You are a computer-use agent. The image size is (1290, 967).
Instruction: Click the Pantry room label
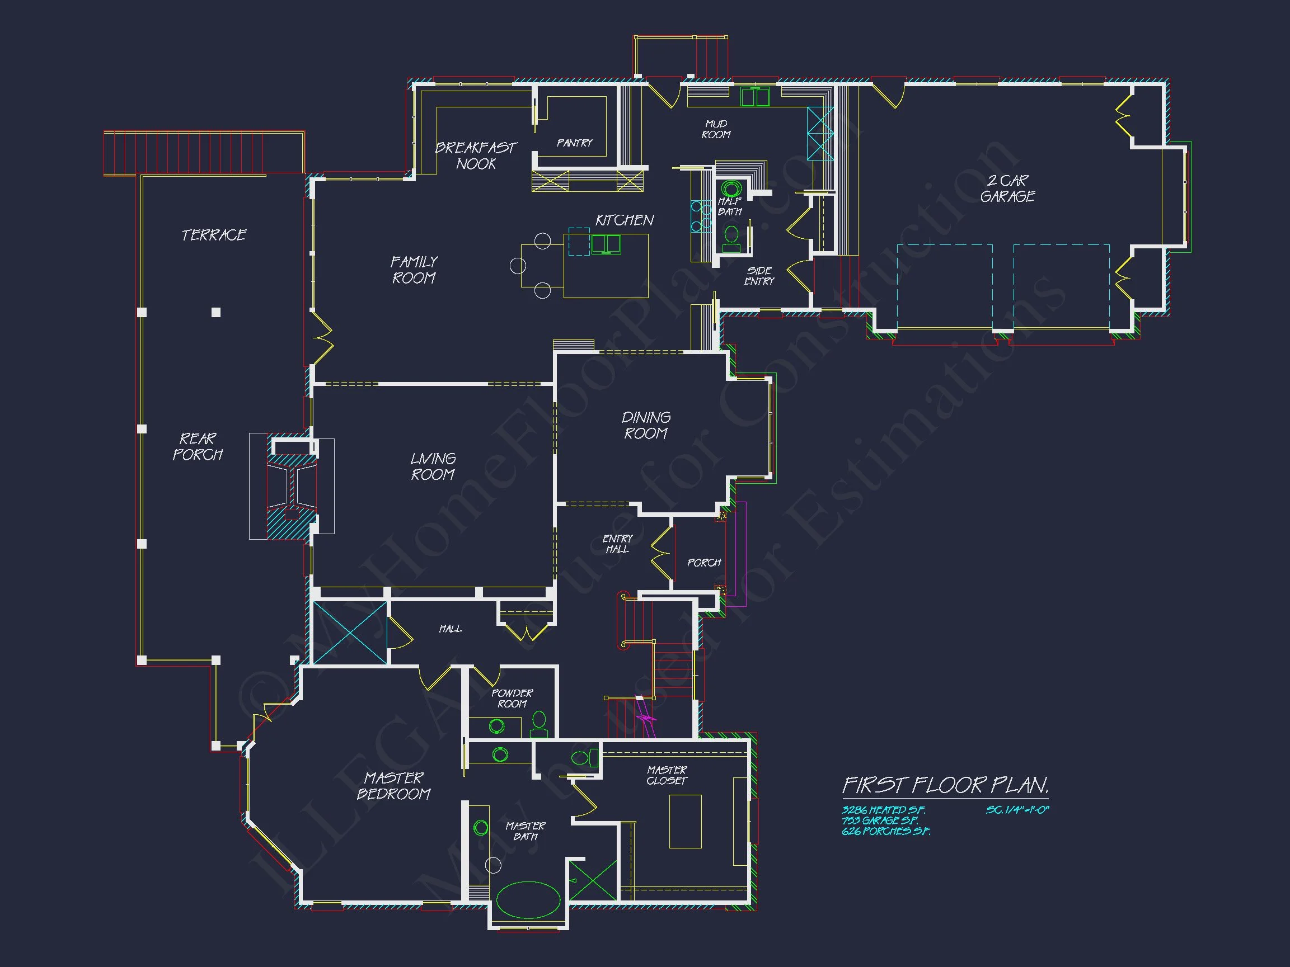pyautogui.click(x=574, y=143)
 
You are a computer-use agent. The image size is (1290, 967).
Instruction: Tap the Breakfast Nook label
pyautogui.click(x=476, y=155)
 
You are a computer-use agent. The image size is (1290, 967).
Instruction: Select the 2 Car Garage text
pyautogui.click(x=1007, y=188)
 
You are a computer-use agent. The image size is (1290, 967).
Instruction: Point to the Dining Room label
pyautogui.click(x=646, y=425)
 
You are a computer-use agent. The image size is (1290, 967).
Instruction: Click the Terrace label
pyautogui.click(x=213, y=235)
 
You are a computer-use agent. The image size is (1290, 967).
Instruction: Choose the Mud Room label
pyautogui.click(x=716, y=129)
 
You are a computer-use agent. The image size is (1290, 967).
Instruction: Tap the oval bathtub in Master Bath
pyautogui.click(x=528, y=899)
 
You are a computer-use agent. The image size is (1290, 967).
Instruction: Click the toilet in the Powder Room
pyautogui.click(x=539, y=723)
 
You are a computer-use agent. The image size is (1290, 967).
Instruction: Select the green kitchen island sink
pyautogui.click(x=606, y=244)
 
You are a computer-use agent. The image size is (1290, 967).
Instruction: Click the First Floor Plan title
pyautogui.click(x=945, y=785)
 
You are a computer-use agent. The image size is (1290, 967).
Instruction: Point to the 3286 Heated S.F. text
pyautogui.click(x=883, y=810)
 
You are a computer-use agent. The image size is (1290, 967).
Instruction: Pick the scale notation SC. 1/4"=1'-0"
pyautogui.click(x=1017, y=810)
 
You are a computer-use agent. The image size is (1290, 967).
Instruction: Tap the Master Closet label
pyautogui.click(x=667, y=775)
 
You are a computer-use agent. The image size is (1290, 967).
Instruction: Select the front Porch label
pyautogui.click(x=704, y=563)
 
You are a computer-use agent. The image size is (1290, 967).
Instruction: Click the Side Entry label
pyautogui.click(x=759, y=276)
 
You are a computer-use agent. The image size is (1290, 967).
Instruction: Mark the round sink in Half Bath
pyautogui.click(x=731, y=189)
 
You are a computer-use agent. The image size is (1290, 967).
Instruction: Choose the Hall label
pyautogui.click(x=450, y=628)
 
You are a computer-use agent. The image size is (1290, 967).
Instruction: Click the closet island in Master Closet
pyautogui.click(x=684, y=821)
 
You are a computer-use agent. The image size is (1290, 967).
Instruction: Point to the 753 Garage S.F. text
pyautogui.click(x=879, y=820)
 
